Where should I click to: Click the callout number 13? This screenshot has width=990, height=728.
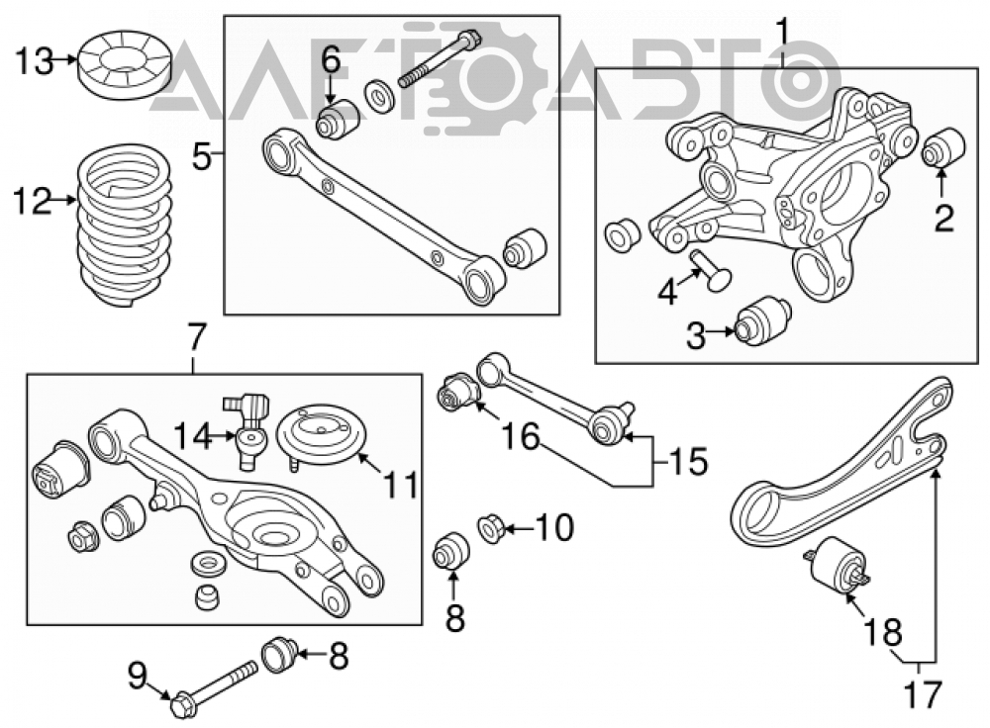point(35,62)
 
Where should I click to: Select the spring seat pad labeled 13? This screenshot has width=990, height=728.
point(125,65)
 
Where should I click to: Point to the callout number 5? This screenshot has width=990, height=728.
point(202,155)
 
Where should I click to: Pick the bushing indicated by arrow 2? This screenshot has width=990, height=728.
point(943,147)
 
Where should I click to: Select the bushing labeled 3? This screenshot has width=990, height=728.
point(763,320)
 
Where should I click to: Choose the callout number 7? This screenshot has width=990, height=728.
point(195,338)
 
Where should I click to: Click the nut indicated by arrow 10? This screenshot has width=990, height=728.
point(491,527)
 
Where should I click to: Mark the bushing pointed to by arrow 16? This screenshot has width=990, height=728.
point(459,392)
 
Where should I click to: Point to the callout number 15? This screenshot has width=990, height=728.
point(689,461)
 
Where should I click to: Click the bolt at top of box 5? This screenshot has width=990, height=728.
point(440,58)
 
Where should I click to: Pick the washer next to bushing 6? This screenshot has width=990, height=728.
point(380,96)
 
